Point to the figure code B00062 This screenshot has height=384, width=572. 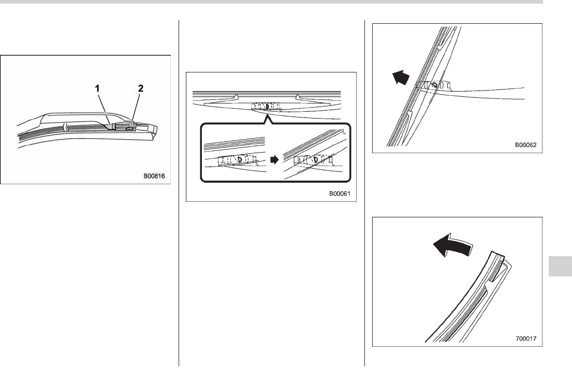pos(525,145)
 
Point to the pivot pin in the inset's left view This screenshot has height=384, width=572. pos(236,160)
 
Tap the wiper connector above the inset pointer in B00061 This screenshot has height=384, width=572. pos(265,106)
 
